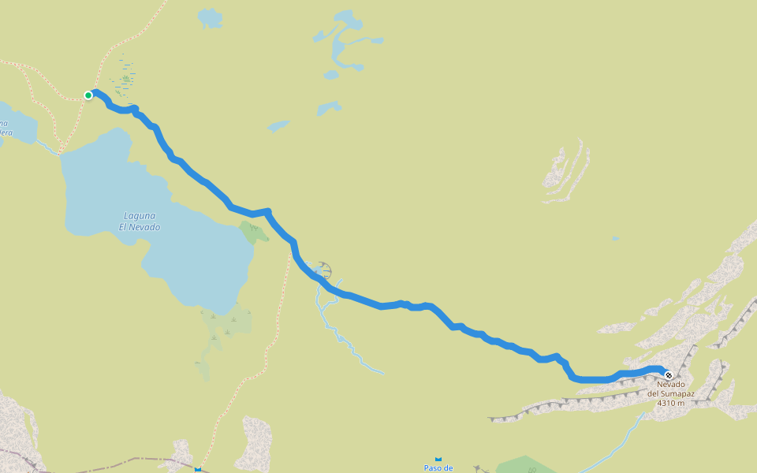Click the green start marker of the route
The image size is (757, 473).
tap(89, 95)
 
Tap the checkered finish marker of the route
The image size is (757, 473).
tap(668, 375)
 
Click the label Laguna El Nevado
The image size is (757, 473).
tap(140, 222)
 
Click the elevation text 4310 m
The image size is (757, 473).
tap(670, 403)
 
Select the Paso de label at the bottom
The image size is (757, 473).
tap(438, 467)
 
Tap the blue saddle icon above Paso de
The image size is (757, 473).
tap(438, 459)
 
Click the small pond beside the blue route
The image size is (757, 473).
tap(320, 270)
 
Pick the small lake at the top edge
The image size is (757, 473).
tap(209, 17)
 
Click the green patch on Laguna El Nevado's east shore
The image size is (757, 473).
tap(252, 232)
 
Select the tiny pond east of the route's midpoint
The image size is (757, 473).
tap(615, 238)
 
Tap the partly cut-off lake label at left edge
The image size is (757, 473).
tap(5, 128)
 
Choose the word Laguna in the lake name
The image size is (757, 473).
tap(140, 216)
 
